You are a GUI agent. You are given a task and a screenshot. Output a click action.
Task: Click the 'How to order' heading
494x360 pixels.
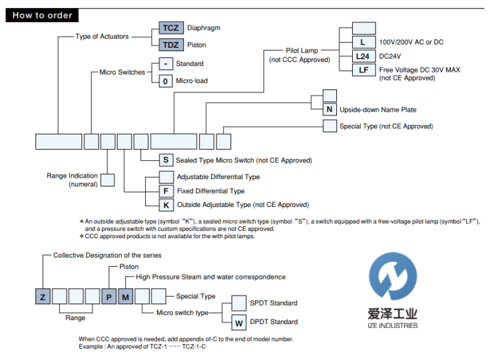(42, 15)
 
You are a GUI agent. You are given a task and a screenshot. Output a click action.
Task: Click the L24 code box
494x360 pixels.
(364, 57)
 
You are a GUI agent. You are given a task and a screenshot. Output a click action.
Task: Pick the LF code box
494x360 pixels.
(364, 70)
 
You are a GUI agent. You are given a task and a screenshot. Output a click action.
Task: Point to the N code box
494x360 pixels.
(330, 110)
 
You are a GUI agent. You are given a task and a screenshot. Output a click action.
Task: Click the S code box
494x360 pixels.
(165, 160)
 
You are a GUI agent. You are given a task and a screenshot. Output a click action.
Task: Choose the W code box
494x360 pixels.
(239, 322)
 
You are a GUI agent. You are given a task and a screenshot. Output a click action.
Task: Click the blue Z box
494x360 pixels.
(43, 297)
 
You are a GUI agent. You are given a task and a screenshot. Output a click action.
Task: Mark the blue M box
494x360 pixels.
(125, 297)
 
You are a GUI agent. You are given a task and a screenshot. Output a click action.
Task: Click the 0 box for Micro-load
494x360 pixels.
(165, 81)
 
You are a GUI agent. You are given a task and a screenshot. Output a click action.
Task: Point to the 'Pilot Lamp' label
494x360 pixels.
(302, 51)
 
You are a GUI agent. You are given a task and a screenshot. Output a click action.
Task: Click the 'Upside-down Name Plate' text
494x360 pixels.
(378, 110)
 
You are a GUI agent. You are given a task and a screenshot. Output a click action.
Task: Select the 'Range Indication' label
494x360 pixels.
(72, 176)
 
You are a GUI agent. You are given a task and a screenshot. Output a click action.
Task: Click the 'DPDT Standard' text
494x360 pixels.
(274, 322)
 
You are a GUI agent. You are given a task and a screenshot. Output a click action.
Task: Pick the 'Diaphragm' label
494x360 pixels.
(204, 29)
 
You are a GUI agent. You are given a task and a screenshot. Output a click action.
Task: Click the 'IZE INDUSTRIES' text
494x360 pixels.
(391, 325)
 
